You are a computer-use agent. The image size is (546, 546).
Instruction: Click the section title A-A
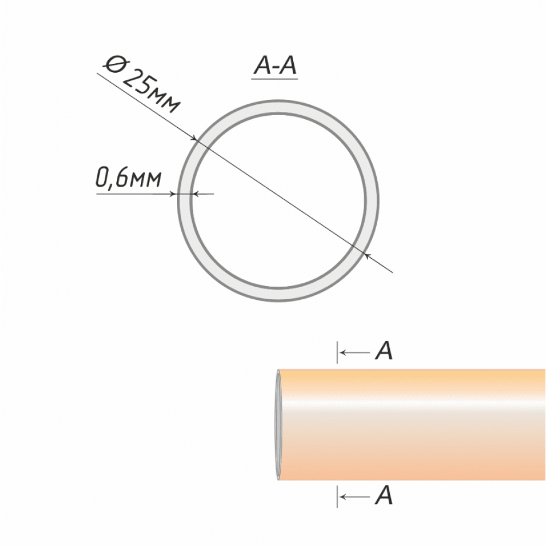[275, 66]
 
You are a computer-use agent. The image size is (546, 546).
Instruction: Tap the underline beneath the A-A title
[275, 79]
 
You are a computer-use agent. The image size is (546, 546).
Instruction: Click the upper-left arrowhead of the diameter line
[195, 139]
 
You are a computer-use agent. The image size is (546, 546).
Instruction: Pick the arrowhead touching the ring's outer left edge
[174, 194]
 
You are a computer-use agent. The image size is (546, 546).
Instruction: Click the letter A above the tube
[384, 351]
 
